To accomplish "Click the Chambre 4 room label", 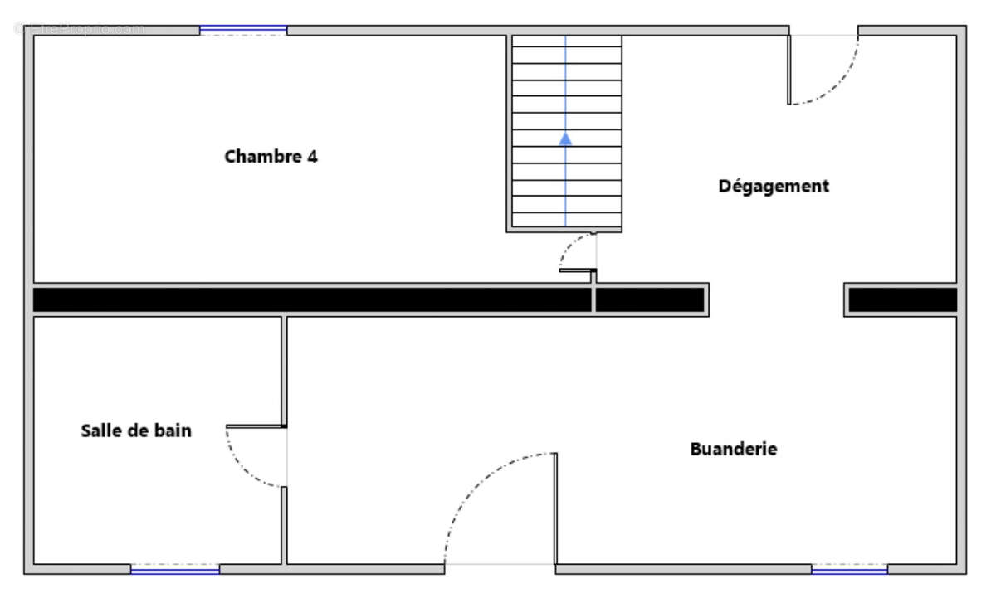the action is click(x=271, y=157).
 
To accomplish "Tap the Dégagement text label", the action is click(x=774, y=187).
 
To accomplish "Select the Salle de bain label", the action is click(x=136, y=430).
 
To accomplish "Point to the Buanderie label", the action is click(x=734, y=449).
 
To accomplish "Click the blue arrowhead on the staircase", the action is click(x=565, y=139).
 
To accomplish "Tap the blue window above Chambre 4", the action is click(x=243, y=30).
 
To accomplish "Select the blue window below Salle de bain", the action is click(x=175, y=569).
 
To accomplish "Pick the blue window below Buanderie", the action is click(x=849, y=569).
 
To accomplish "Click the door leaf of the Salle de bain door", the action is click(x=256, y=426).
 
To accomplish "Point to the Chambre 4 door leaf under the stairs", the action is click(x=578, y=270).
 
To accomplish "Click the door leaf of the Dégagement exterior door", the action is click(x=788, y=70).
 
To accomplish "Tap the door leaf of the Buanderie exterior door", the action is click(x=555, y=508).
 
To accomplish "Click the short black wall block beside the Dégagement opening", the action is click(x=903, y=299).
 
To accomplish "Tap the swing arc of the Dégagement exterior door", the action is click(x=839, y=85).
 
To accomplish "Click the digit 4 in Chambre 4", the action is click(x=313, y=157).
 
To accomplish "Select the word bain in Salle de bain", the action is click(x=173, y=430).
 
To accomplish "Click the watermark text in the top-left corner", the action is click(x=79, y=29).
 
